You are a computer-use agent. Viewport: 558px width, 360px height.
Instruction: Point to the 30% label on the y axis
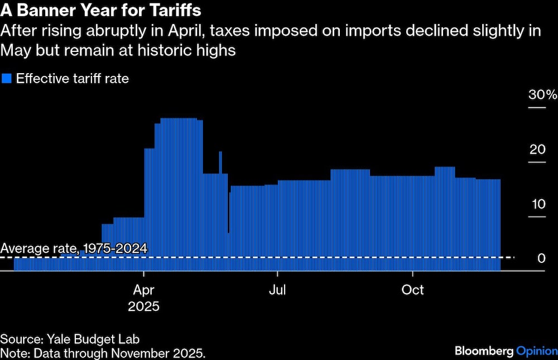pos(542,94)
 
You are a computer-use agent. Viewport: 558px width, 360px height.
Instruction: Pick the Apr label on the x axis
pos(144,290)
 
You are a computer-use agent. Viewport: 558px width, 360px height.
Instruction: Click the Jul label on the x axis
pos(277,290)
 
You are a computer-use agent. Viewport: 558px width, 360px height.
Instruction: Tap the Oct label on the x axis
pos(413,290)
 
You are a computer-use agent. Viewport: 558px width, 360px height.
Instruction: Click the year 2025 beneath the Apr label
pos(144,306)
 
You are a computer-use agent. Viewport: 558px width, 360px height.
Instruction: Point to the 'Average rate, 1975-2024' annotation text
pos(74,248)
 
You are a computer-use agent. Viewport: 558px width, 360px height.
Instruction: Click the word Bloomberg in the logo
pos(483,351)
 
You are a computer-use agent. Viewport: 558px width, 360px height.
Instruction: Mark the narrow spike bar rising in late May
pos(220,162)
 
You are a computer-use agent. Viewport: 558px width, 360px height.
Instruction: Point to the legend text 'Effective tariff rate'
pos(73,79)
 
